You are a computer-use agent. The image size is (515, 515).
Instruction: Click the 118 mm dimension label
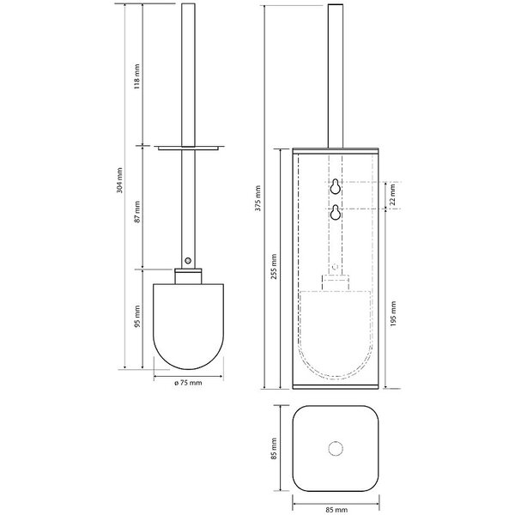pyautogui.click(x=137, y=76)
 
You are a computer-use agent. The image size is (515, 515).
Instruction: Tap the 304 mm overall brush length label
pyautogui.click(x=119, y=180)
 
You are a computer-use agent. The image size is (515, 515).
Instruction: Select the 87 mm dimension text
pyautogui.click(x=137, y=212)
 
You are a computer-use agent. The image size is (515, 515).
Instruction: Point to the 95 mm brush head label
pyautogui.click(x=137, y=316)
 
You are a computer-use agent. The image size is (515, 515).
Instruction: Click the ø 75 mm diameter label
pyautogui.click(x=188, y=383)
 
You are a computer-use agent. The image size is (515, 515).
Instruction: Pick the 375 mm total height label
pyautogui.click(x=257, y=198)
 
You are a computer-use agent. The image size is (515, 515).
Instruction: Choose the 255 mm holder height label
pyautogui.click(x=274, y=266)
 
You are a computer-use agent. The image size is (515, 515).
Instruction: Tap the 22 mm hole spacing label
pyautogui.click(x=392, y=195)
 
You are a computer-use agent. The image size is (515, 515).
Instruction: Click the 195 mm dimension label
pyautogui.click(x=393, y=313)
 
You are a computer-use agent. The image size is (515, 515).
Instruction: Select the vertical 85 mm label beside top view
pyautogui.click(x=274, y=448)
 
